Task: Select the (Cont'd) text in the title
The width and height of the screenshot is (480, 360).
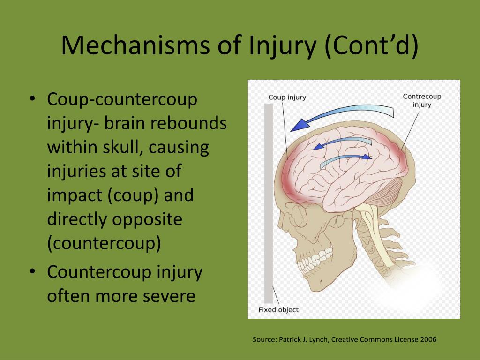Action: click(x=371, y=45)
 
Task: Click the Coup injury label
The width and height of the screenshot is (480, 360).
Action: click(x=287, y=97)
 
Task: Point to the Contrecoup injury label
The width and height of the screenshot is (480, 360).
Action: click(x=422, y=100)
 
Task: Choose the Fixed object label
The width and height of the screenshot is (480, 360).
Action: click(x=278, y=309)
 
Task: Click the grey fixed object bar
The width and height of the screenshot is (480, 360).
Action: click(x=269, y=203)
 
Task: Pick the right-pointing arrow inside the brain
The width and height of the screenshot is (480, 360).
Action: click(x=346, y=160)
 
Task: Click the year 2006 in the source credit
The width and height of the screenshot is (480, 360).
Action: click(x=428, y=339)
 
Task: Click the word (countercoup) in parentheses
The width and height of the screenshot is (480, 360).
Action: click(x=104, y=244)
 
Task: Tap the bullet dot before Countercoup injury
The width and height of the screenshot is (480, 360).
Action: click(x=32, y=272)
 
